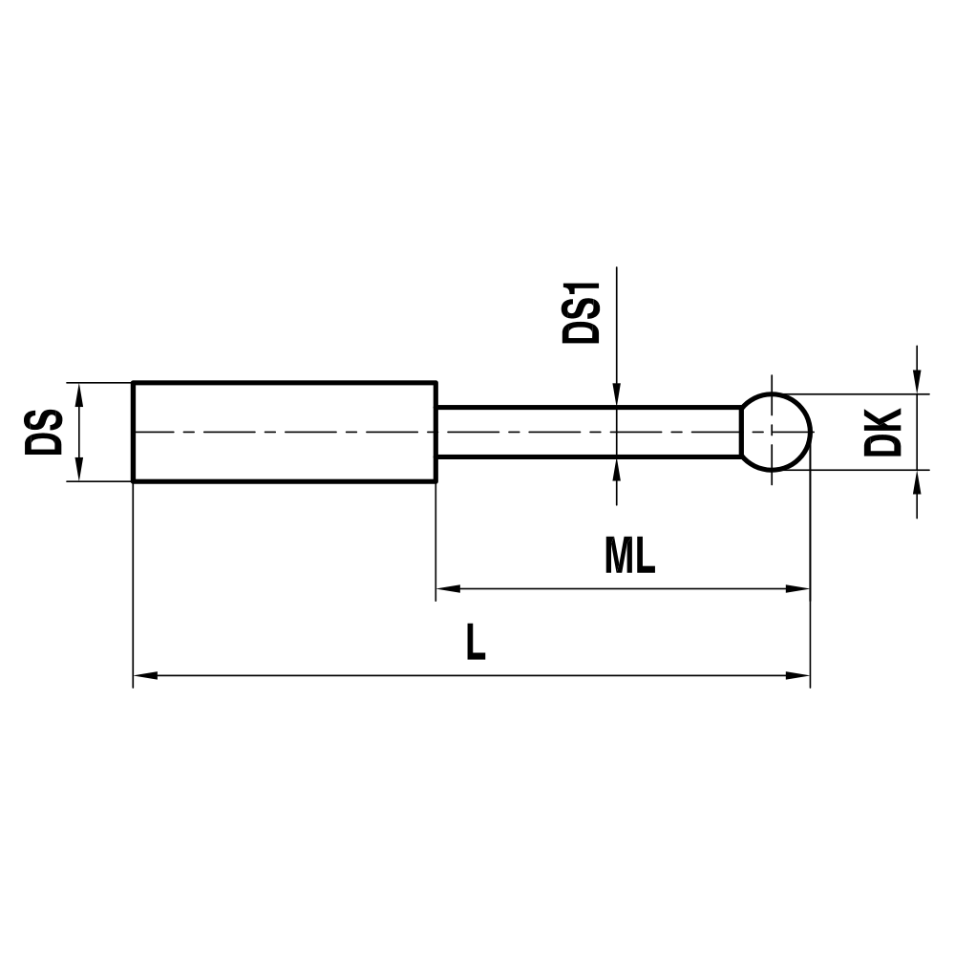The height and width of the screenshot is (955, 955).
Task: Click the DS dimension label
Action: tap(45, 432)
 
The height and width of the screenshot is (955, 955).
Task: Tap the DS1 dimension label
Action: tap(581, 312)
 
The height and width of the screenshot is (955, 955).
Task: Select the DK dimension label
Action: tap(882, 432)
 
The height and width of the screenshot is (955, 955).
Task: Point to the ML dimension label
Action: tap(629, 556)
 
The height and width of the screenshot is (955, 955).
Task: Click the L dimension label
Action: tap(476, 644)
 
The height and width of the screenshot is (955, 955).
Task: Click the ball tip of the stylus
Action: tap(776, 432)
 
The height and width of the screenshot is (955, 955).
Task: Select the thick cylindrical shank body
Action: tap(285, 432)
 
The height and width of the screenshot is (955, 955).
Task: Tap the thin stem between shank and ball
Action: tap(588, 432)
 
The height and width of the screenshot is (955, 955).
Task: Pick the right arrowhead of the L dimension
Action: tap(797, 676)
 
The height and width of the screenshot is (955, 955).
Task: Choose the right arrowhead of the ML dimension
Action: tap(797, 588)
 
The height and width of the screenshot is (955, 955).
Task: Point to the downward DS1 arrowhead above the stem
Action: tap(618, 395)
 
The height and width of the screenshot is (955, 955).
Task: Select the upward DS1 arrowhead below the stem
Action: tap(618, 469)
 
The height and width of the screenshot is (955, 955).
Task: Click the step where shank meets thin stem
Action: tap(436, 432)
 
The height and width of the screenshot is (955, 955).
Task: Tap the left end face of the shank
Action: tap(133, 432)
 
